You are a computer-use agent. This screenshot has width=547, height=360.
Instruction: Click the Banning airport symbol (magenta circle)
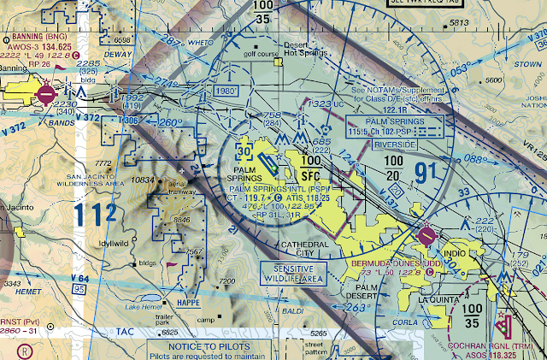[45, 90]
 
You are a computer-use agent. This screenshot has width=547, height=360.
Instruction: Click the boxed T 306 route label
[129, 121]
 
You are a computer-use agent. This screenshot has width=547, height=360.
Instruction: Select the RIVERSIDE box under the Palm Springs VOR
[394, 145]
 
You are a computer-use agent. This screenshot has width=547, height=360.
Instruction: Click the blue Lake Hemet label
[142, 307]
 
